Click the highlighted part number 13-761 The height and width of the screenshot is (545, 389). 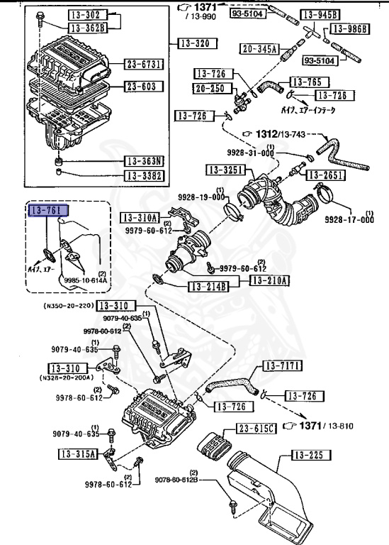[47, 211]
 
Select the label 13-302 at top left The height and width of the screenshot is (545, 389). [87, 15]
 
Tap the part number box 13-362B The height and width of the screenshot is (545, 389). [87, 28]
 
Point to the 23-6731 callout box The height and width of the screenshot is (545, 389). [145, 65]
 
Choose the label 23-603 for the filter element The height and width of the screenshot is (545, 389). [145, 87]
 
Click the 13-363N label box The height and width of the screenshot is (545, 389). [145, 161]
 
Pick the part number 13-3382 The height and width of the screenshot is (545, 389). [145, 175]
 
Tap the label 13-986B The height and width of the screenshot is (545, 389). [352, 29]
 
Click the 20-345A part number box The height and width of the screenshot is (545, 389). [259, 49]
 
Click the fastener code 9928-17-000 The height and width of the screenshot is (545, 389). [349, 220]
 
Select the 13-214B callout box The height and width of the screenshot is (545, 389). [208, 287]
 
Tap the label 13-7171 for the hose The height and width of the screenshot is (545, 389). [283, 366]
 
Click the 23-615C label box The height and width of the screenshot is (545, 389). [256, 429]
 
